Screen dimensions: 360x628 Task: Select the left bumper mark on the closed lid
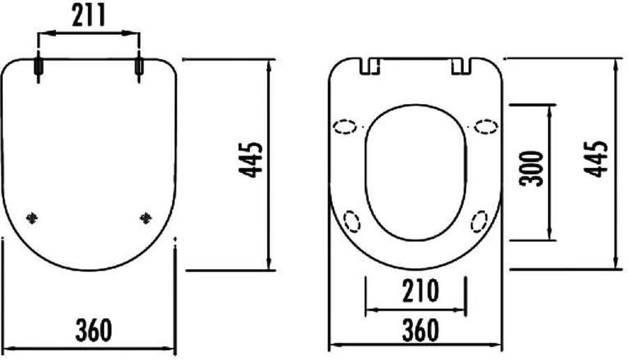(x=31, y=218)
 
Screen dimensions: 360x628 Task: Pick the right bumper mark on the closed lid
(x=145, y=218)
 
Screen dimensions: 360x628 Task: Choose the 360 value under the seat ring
(x=419, y=330)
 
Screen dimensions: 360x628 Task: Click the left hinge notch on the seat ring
(x=369, y=66)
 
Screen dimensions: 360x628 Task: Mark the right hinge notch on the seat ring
(x=461, y=66)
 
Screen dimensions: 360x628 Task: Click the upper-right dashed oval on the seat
(x=486, y=126)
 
